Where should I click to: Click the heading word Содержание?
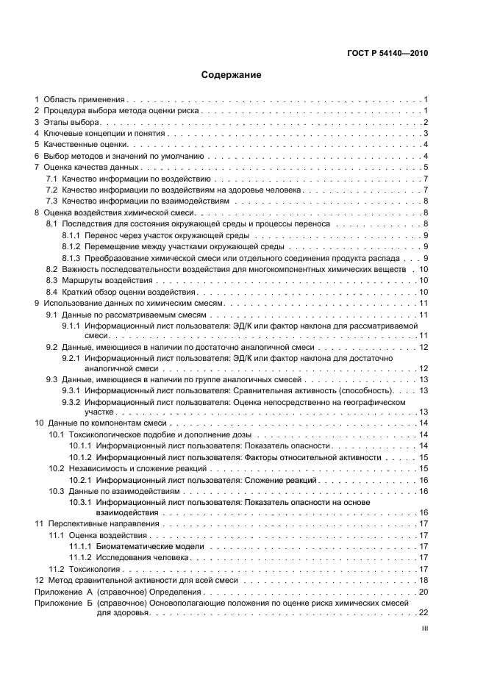click(x=232, y=75)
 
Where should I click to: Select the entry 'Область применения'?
click(x=85, y=98)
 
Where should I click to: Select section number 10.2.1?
click(x=80, y=479)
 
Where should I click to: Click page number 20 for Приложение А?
click(x=424, y=592)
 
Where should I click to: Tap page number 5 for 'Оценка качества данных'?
click(x=426, y=167)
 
